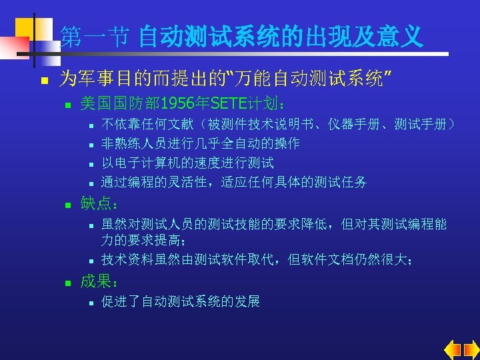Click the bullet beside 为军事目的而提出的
coord(41,80)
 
